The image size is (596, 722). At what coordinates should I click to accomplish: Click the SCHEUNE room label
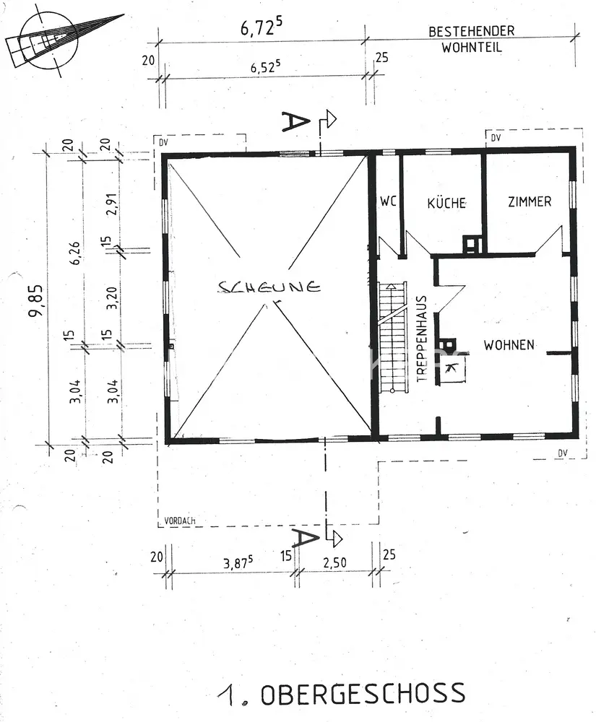(269, 287)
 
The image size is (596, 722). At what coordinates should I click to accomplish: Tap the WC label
(389, 202)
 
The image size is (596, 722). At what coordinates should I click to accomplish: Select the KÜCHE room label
(446, 203)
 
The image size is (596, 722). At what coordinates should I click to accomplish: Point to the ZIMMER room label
(529, 201)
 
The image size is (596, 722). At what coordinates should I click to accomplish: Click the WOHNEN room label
(509, 345)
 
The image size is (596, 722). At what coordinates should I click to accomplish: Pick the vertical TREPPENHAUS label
(420, 338)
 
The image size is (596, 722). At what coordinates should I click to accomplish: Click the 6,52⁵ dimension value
(264, 68)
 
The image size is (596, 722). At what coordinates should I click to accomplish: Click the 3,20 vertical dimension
(111, 297)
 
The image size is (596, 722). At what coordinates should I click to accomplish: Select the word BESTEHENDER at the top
(471, 32)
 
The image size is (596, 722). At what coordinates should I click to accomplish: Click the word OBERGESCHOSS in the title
(363, 695)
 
